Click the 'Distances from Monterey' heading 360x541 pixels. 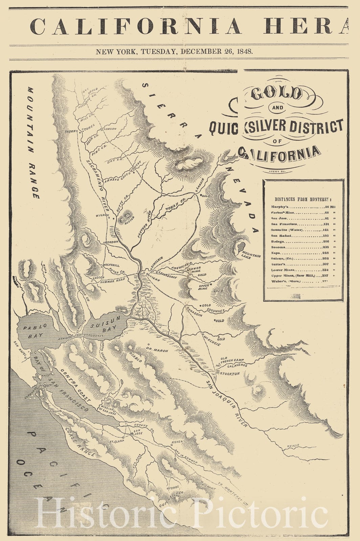303,199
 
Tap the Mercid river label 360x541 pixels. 293,446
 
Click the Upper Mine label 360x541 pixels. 203,287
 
